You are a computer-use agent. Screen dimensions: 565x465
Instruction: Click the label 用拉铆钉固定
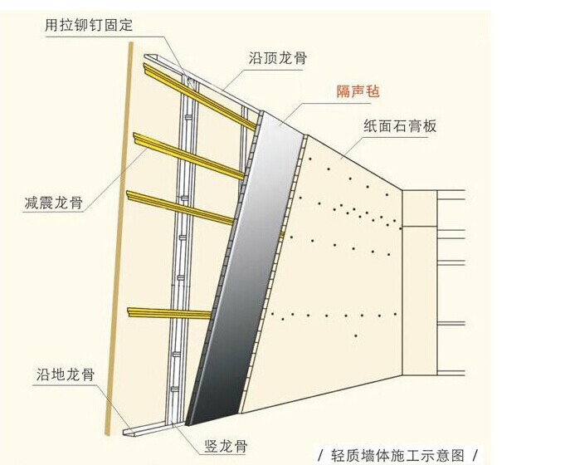[89, 26]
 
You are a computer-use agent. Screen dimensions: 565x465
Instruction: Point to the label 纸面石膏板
[400, 126]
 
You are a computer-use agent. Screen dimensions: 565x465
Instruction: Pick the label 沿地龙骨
[65, 374]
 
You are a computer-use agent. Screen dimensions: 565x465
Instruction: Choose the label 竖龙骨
[225, 446]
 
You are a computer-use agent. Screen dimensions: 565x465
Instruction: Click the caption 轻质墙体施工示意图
[398, 455]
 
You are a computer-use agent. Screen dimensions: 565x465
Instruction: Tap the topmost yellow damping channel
[199, 96]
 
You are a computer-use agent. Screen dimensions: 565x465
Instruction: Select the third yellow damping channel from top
[179, 208]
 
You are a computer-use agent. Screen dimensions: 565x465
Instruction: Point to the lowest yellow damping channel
[169, 313]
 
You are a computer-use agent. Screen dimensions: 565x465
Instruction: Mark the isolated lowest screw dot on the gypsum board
[356, 335]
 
